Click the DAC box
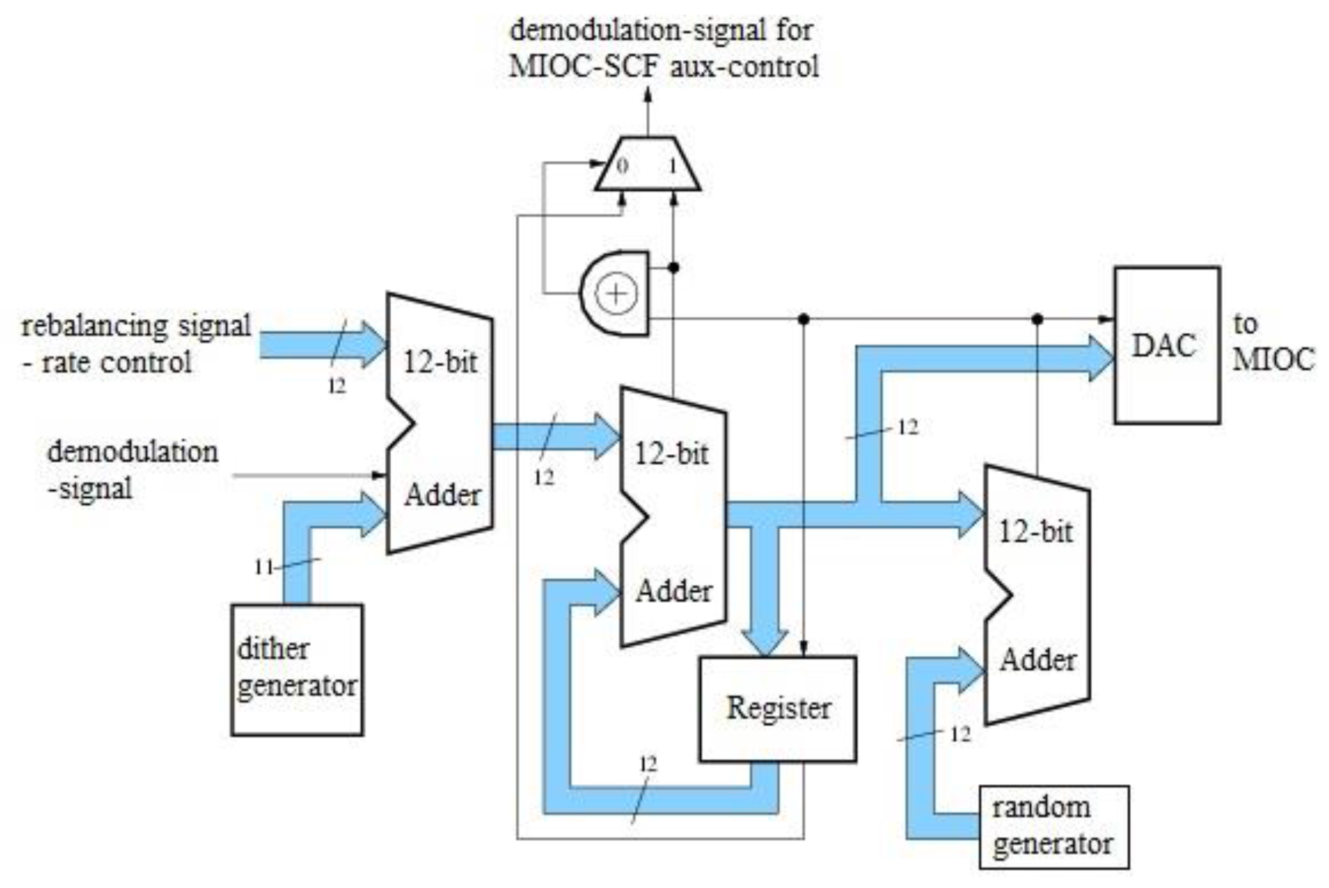coord(1167,345)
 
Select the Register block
coord(777,708)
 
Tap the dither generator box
coord(297,669)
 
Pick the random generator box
coord(1053,826)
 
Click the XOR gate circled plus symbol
coord(616,293)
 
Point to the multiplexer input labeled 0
coord(622,166)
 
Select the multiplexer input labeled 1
coord(672,166)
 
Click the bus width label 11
coord(264,567)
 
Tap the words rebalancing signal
coord(136,326)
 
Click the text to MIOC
coord(1273,342)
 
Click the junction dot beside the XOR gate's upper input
coord(673,267)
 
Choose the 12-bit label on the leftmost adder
coord(440,361)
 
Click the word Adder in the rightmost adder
coord(1038,660)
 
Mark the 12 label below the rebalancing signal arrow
coord(336,386)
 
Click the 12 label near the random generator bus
coord(960,734)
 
